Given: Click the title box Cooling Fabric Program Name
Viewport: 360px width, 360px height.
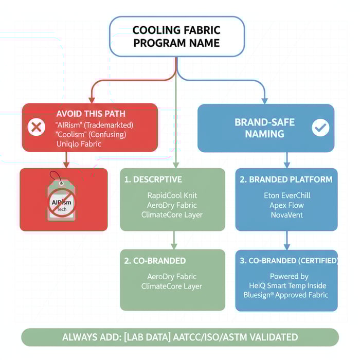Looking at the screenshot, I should (x=177, y=37).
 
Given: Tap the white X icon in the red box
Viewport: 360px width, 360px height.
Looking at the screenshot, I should (x=35, y=127).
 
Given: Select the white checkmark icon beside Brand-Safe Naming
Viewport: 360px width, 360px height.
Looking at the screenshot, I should (x=320, y=127).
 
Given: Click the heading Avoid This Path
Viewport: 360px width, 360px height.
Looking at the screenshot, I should (x=91, y=114).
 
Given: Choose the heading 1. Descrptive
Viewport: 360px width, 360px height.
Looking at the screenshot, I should (x=153, y=179).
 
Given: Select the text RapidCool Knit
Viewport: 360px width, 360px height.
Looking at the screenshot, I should (x=172, y=195).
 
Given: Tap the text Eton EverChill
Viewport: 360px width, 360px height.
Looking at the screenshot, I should (x=286, y=195).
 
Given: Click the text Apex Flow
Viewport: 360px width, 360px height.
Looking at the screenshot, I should (x=286, y=205).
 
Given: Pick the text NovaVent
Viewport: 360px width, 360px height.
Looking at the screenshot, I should (x=286, y=215).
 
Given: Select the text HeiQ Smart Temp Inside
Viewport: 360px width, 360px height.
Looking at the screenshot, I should (x=286, y=285).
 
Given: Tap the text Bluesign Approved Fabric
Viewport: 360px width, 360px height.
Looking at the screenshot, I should (x=286, y=295).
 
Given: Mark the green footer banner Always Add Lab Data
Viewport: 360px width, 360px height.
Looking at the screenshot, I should (x=180, y=337).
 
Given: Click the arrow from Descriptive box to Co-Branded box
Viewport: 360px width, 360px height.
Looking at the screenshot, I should (x=174, y=240).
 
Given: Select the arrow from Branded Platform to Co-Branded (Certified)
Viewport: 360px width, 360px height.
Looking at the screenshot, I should (x=287, y=240).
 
